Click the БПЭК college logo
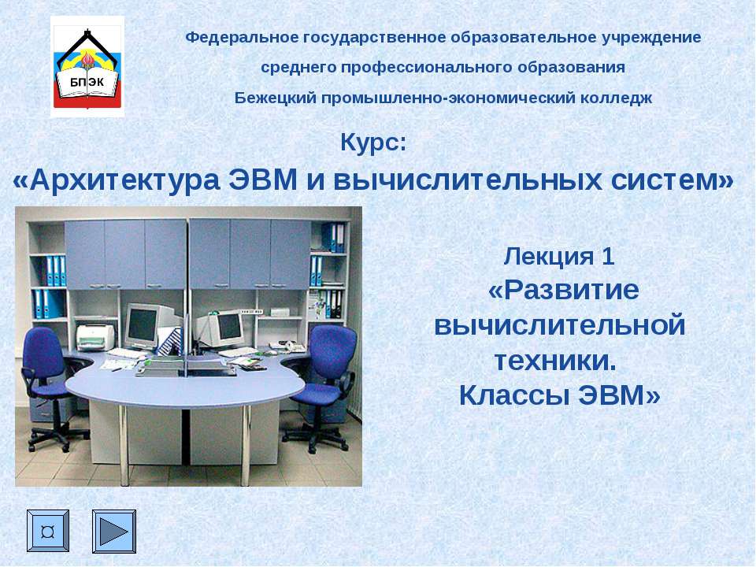click(87, 68)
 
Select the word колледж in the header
click(621, 98)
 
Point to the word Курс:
click(374, 144)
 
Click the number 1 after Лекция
click(607, 256)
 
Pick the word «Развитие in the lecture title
click(563, 290)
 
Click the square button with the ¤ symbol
click(48, 531)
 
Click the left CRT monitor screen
click(142, 323)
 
